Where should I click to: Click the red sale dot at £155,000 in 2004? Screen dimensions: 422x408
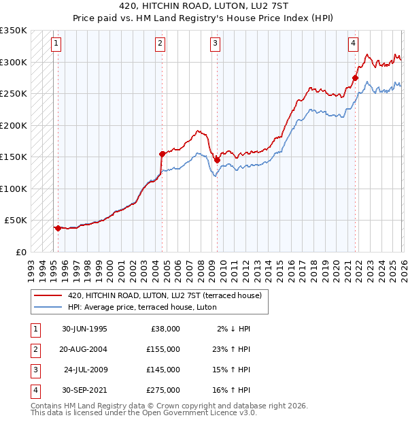162,154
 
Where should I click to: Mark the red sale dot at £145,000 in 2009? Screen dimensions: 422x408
217,160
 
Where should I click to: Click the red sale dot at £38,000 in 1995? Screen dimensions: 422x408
58,228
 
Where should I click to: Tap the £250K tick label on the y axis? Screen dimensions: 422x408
14,93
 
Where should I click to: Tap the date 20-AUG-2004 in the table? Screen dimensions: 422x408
84,350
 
